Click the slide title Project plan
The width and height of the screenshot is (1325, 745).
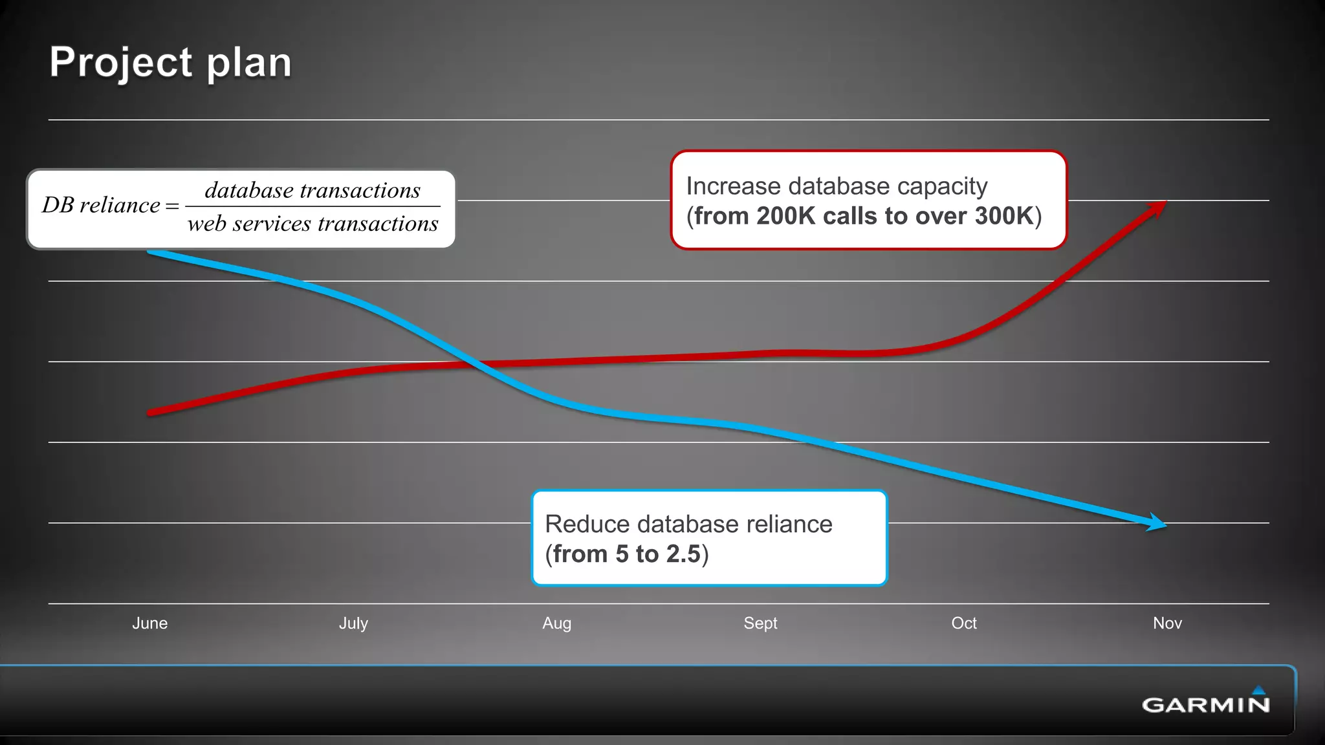[x=171, y=63]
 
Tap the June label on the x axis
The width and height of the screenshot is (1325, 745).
[x=150, y=623]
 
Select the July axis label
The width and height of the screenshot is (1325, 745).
[x=353, y=623]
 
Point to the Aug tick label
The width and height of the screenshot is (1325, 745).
[x=556, y=623]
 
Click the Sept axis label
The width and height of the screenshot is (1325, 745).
[x=760, y=623]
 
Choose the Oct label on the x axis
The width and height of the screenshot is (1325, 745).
[x=963, y=623]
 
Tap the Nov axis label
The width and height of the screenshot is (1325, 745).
[x=1167, y=623]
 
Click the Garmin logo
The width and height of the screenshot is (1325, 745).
[x=1206, y=702]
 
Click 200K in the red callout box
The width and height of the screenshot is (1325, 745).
[x=786, y=216]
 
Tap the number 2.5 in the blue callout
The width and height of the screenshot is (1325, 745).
[x=683, y=554]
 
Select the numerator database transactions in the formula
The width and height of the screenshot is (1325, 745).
[x=312, y=190]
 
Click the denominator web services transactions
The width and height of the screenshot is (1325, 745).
[x=312, y=224]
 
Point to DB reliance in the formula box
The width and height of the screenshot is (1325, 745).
[x=101, y=205]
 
